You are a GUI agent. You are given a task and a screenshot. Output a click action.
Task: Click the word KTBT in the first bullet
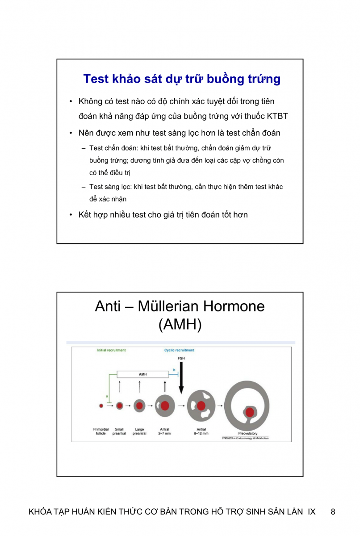[277, 117]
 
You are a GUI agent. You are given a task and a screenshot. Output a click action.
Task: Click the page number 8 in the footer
[333, 512]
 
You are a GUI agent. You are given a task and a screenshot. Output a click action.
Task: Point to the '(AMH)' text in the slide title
[180, 325]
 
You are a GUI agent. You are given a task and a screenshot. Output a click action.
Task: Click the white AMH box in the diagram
[143, 374]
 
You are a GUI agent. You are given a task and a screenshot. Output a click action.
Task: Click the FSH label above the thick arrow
[181, 359]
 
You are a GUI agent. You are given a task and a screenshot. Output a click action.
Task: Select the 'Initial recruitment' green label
[111, 350]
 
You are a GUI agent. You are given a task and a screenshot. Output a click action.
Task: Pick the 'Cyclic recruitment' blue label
[179, 350]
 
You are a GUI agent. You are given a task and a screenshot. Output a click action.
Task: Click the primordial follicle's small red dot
[101, 406]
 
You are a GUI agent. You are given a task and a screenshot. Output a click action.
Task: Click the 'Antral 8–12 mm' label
[201, 431]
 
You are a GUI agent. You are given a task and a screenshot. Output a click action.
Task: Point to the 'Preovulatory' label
[248, 433]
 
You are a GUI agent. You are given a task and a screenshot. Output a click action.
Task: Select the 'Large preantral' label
[139, 431]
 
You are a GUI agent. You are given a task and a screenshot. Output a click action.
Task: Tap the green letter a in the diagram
[107, 396]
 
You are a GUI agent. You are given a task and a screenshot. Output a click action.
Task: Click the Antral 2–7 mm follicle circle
[165, 406]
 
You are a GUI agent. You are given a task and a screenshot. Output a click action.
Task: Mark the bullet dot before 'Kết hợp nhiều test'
[71, 215]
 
